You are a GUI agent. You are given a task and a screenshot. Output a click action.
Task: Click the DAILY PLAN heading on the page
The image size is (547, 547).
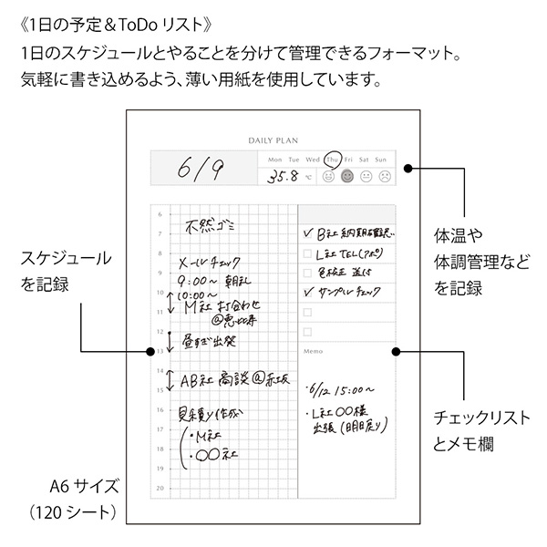pos(273,140)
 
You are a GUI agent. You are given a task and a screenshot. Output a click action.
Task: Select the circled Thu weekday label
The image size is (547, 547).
pos(333,159)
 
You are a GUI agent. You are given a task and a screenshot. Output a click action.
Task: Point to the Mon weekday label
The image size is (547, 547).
pos(273,159)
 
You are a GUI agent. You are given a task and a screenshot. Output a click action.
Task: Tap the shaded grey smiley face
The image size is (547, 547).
pos(346,177)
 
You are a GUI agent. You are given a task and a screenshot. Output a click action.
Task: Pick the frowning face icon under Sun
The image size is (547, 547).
pos(385,177)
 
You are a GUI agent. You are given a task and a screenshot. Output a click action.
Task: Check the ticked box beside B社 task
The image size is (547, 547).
pos(307,232)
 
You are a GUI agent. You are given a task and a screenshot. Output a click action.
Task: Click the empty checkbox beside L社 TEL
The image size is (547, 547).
pos(307,253)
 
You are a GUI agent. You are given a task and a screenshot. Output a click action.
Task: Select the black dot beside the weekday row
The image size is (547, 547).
pos(408,168)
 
